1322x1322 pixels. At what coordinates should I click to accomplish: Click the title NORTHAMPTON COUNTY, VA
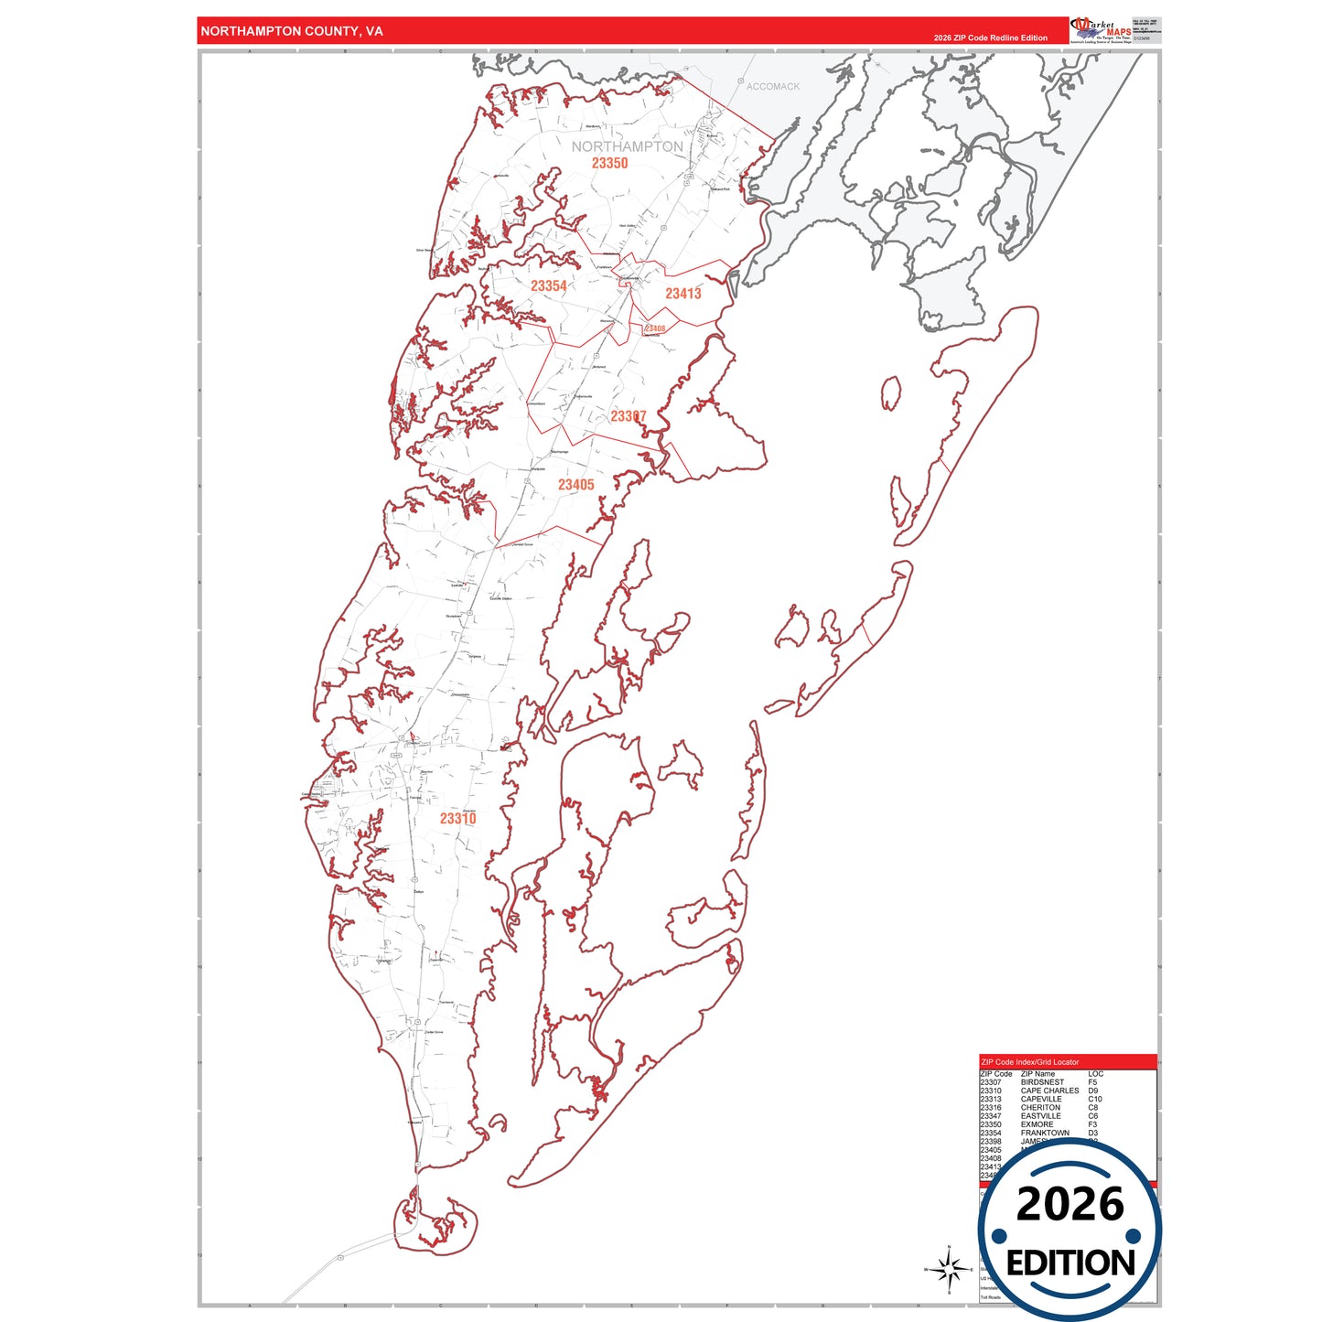291,31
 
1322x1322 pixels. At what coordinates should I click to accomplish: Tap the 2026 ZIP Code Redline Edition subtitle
990,38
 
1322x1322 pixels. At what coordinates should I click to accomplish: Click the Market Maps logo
1101,30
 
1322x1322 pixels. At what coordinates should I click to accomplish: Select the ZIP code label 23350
609,164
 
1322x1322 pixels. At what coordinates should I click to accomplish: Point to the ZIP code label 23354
549,286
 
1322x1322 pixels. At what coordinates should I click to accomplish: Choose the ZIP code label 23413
683,294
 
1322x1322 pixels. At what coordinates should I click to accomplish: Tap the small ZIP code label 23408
655,328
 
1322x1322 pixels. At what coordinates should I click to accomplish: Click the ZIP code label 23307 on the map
629,416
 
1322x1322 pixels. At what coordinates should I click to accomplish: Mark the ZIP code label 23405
576,485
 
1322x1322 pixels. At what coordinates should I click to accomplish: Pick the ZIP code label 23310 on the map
457,819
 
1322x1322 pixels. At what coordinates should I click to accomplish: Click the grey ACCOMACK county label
773,87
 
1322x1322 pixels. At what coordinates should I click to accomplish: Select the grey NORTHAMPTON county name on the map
627,146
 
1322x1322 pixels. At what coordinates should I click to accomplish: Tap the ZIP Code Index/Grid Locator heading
1030,1062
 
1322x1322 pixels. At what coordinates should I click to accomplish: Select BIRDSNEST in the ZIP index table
1042,1082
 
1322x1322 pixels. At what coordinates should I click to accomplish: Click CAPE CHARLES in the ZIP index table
1049,1091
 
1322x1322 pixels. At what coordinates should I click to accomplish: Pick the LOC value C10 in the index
1095,1099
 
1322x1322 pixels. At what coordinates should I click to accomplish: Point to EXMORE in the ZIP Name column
1037,1124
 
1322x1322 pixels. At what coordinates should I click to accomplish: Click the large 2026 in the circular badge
1069,1204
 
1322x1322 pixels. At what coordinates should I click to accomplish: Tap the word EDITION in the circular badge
1070,1263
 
